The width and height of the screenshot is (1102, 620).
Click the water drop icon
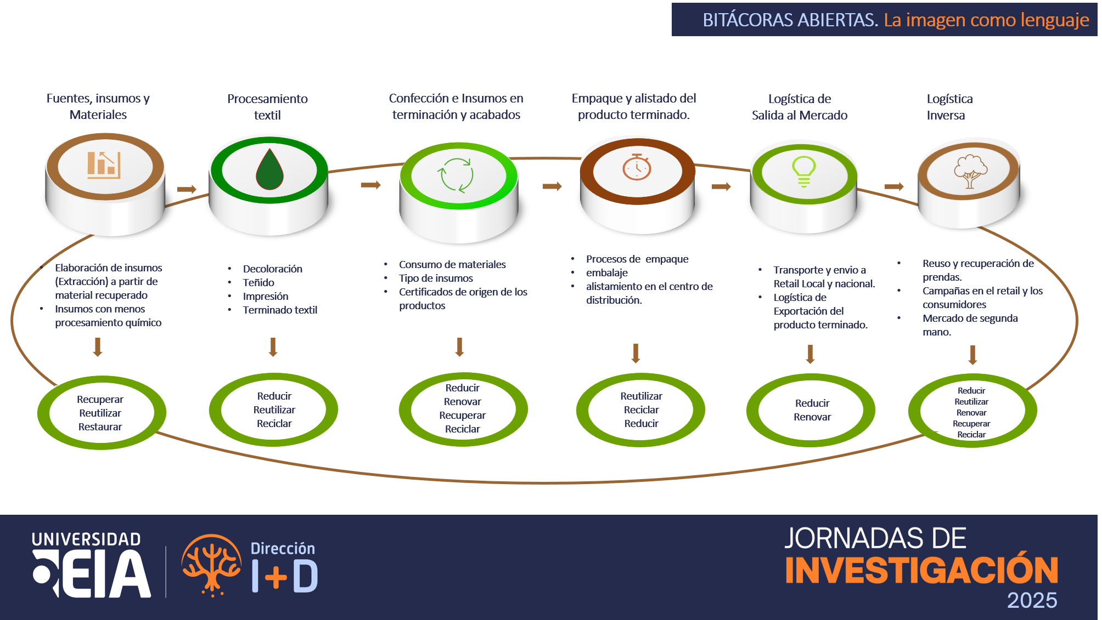click(269, 170)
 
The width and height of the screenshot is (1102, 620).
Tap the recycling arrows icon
click(456, 175)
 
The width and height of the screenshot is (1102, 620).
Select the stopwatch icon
click(637, 167)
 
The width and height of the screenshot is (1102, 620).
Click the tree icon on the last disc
click(970, 172)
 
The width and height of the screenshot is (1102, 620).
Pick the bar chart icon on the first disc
click(104, 164)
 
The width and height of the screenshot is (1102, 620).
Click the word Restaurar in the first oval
click(100, 427)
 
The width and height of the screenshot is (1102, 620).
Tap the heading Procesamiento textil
click(268, 107)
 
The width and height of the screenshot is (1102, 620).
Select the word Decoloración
click(273, 269)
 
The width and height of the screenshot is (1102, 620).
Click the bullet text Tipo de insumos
click(436, 278)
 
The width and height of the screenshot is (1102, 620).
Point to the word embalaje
click(606, 273)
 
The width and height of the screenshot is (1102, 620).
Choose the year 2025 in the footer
click(1032, 600)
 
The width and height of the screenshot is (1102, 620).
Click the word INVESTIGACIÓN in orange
click(921, 571)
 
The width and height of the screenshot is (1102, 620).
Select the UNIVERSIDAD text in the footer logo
click(86, 539)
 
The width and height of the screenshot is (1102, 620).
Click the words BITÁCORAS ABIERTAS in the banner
click(790, 20)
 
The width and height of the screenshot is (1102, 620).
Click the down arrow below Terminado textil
click(273, 347)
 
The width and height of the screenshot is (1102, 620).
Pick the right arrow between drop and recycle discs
click(371, 185)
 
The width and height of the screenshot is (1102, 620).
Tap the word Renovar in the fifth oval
click(812, 417)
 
